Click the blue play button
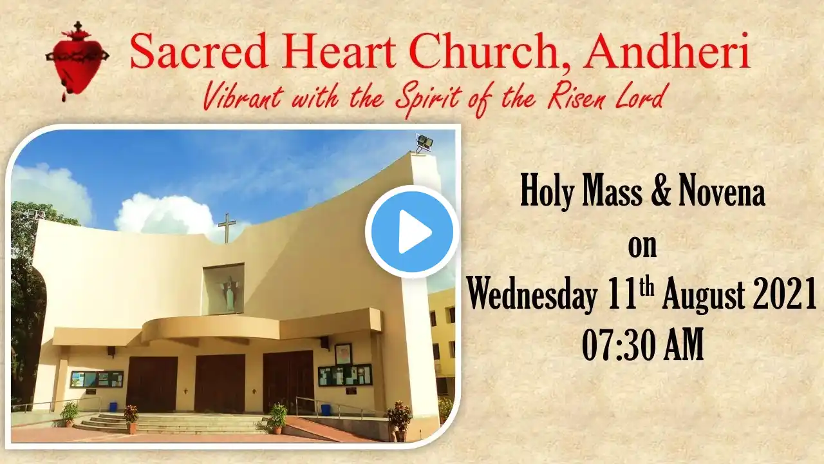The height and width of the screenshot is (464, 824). (x=412, y=231)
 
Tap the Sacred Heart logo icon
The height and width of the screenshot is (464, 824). (x=77, y=61)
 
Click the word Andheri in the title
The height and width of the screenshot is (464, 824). (x=666, y=52)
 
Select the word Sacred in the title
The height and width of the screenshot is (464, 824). (x=199, y=52)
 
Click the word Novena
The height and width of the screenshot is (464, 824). (x=722, y=193)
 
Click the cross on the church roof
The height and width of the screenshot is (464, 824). (x=227, y=228)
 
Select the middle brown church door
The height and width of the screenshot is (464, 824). (x=220, y=383)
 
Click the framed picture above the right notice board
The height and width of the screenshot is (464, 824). (x=343, y=354)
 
